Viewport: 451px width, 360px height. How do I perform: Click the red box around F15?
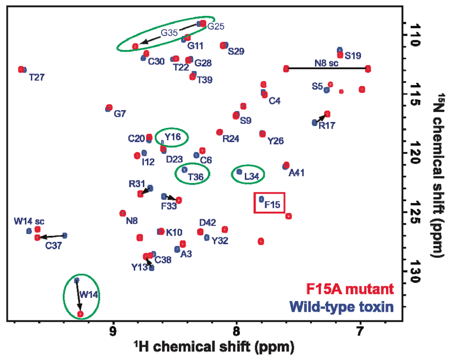tap(270, 203)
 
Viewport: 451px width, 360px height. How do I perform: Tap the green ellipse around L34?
tap(248, 174)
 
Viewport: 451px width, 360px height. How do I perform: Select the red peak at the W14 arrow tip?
tap(80, 314)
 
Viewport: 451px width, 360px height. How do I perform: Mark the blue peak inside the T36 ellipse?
tap(185, 170)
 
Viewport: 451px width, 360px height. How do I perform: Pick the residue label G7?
tap(120, 114)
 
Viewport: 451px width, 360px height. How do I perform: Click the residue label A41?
tap(296, 173)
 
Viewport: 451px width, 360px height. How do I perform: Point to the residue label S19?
tap(353, 56)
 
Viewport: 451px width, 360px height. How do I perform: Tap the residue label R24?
tap(231, 139)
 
